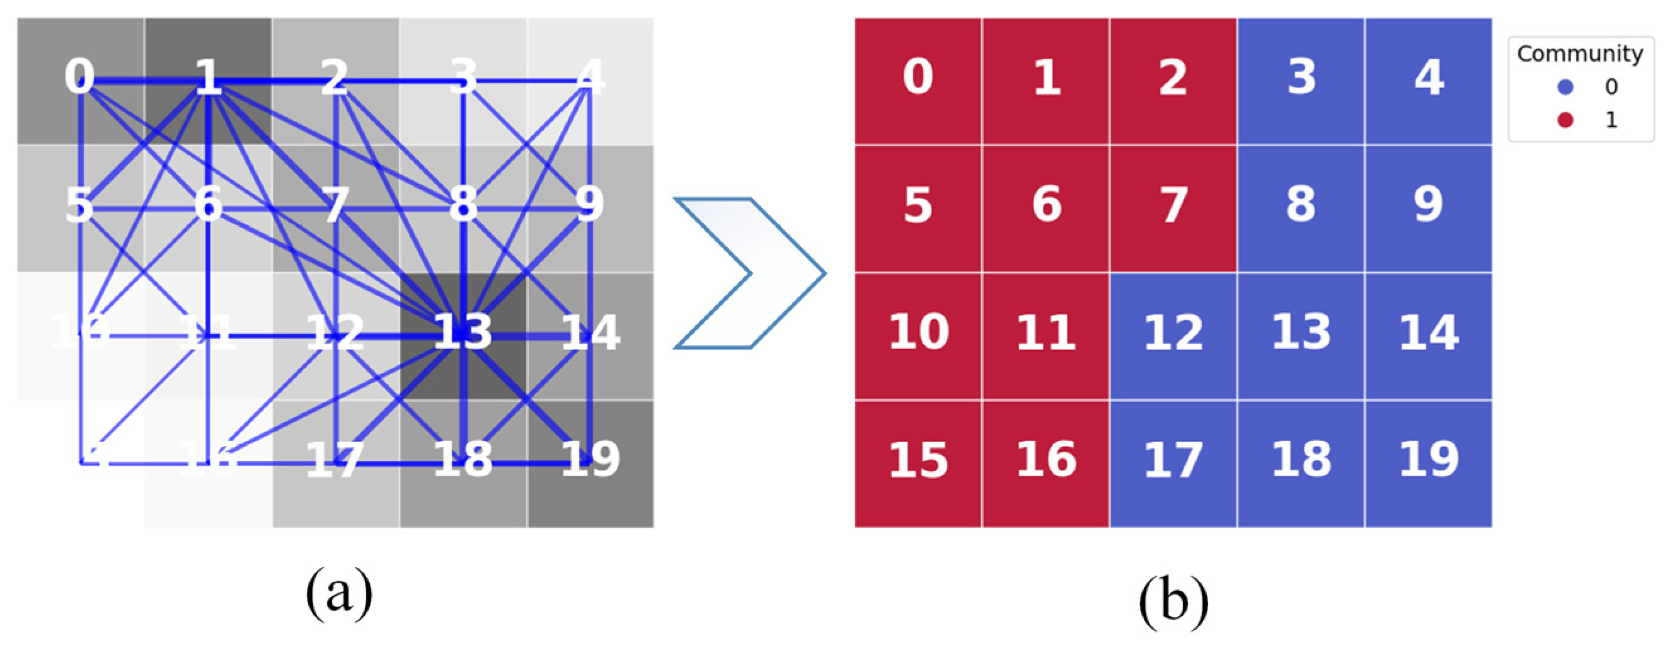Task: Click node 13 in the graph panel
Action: point(463,333)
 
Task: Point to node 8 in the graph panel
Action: point(463,205)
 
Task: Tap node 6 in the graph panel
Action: point(208,205)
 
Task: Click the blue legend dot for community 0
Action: point(1565,86)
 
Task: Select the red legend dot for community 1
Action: point(1565,120)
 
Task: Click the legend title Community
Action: point(1580,54)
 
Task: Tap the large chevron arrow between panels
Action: point(750,273)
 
